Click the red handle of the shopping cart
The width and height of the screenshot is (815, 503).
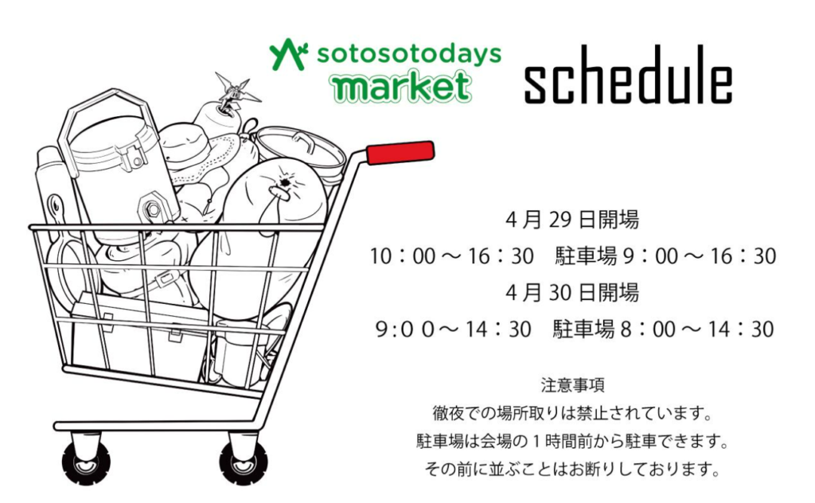400,152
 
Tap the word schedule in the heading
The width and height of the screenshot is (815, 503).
629,76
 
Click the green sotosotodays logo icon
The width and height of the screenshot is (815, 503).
288,54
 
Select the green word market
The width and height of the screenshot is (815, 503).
402,86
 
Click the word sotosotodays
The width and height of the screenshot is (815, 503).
409,54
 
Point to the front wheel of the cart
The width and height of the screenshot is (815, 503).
243,462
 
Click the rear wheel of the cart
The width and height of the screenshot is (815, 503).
86,462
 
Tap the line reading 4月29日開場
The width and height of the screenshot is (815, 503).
571,220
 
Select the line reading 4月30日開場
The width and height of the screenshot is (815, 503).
571,293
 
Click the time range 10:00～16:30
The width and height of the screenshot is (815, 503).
452,256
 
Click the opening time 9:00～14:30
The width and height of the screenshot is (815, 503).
453,329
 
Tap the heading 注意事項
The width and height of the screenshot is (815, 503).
572,385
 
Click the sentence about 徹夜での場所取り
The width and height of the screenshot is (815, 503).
572,414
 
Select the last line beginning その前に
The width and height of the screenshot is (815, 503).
572,470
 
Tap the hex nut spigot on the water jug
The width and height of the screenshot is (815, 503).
152,209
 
